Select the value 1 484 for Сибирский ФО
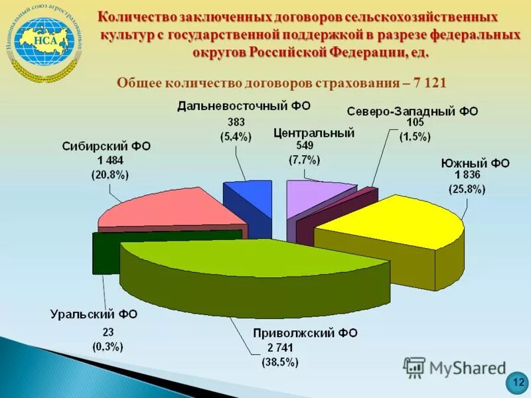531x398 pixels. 110,161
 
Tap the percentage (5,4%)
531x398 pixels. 236,137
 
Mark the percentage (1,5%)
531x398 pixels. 414,137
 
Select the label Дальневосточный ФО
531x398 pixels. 244,106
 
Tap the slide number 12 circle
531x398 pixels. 518,383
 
